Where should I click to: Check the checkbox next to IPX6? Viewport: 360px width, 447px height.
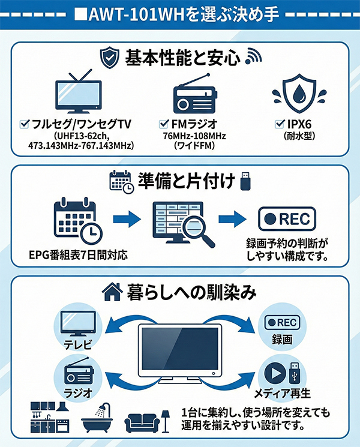coord(279,124)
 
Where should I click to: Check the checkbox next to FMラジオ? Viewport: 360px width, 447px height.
coord(164,124)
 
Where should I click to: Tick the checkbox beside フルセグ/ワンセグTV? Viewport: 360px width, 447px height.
coord(25,124)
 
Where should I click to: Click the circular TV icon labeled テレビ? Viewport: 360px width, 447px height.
coord(76,325)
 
